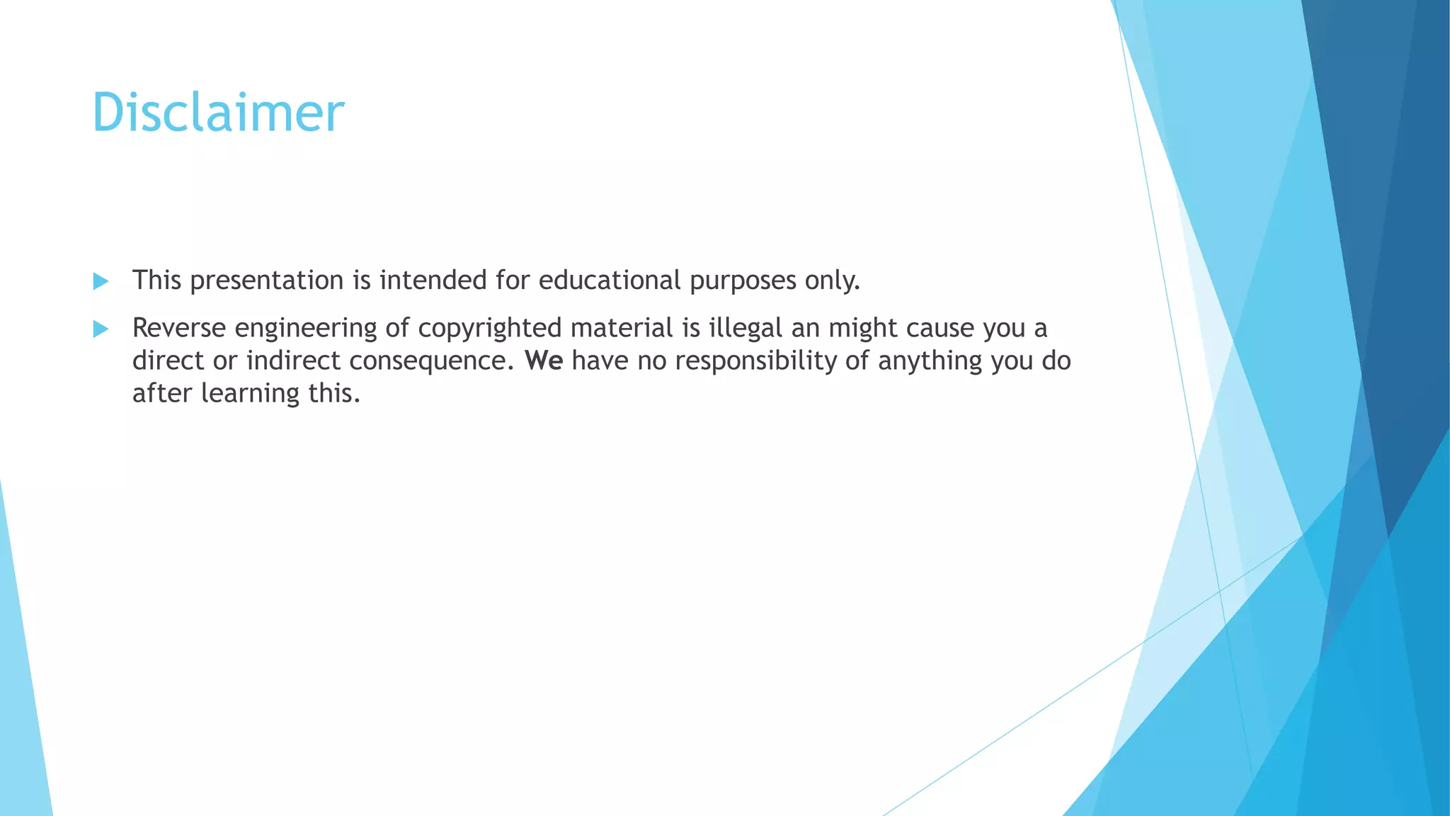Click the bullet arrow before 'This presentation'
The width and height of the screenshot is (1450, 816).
coord(101,281)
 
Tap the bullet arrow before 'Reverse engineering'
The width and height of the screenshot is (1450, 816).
coord(101,329)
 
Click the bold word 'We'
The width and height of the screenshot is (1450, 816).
coord(544,361)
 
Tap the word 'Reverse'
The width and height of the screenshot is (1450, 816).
coord(179,328)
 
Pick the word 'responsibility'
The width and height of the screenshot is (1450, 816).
coord(756,361)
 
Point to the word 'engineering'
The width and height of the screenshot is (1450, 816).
coord(306,329)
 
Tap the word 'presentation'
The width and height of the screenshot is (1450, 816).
coord(267,281)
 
